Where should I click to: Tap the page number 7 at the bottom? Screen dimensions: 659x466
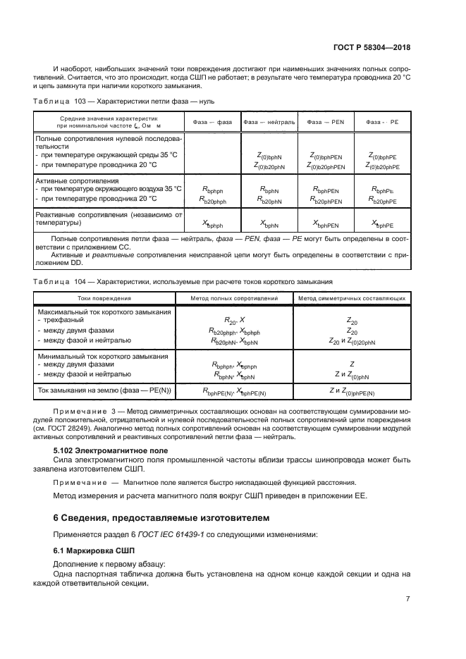(407, 598)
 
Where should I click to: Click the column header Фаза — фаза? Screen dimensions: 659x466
(212, 121)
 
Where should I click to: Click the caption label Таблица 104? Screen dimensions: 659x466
(55, 281)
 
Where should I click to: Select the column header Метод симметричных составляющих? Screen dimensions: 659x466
(352, 298)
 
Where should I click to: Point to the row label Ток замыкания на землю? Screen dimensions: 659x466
(104, 389)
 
